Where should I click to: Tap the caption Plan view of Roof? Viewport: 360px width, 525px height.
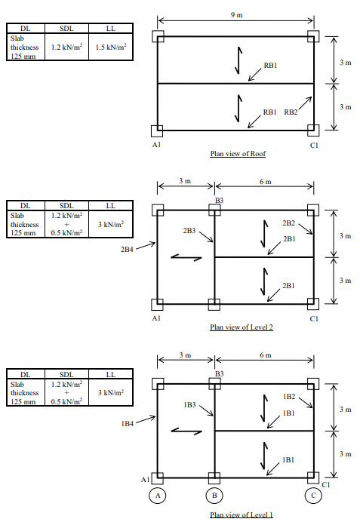point(238,154)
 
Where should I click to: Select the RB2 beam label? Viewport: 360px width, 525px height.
point(291,112)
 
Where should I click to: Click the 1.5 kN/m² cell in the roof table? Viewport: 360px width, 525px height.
point(110,47)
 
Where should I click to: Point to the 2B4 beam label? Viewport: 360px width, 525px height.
point(127,247)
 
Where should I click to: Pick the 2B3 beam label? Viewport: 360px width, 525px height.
point(189,229)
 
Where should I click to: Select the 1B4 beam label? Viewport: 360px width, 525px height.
point(127,423)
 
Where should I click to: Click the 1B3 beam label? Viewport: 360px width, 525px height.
point(189,405)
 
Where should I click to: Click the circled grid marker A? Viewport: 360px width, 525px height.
point(157,496)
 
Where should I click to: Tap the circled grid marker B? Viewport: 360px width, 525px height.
point(214,496)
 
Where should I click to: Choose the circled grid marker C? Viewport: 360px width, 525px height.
point(312,496)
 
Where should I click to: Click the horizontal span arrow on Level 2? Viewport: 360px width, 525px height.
point(186,257)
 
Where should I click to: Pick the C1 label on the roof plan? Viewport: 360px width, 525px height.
point(312,143)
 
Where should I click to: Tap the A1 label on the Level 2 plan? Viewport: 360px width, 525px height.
point(155,318)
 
